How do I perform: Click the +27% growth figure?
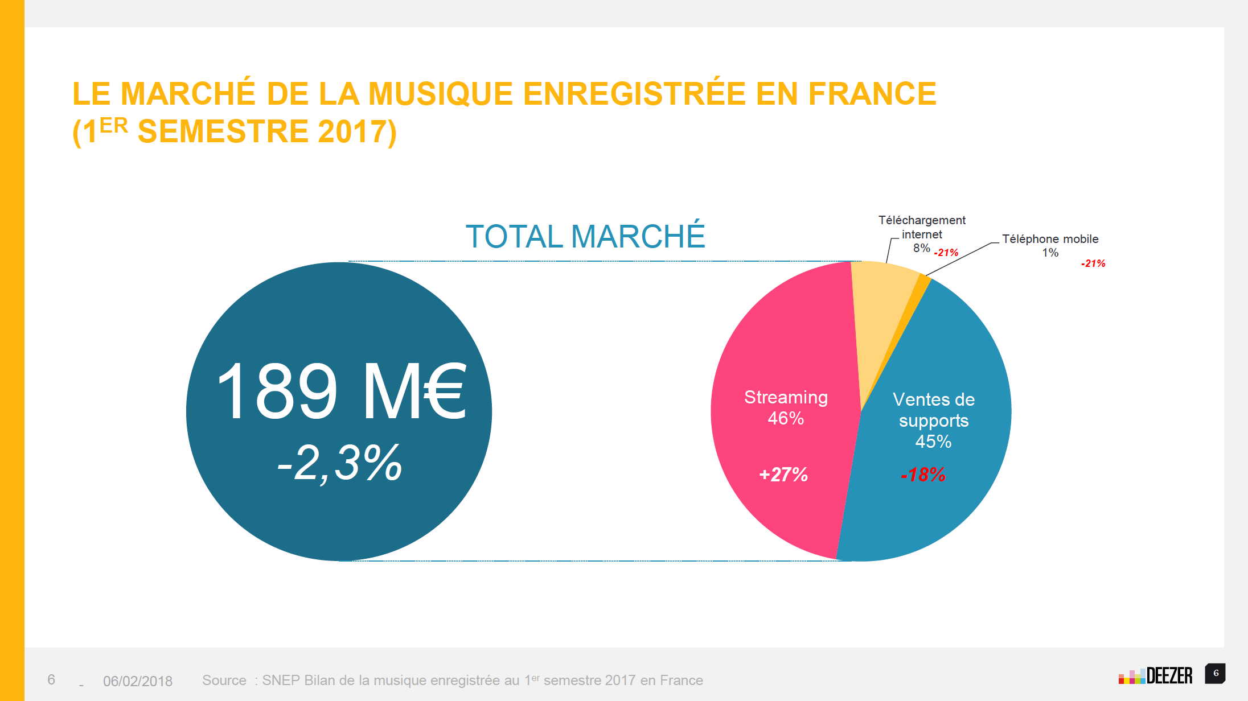(x=783, y=474)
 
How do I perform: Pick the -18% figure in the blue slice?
(x=923, y=474)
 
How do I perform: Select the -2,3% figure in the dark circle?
(x=340, y=463)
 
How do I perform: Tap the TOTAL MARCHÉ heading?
(x=585, y=236)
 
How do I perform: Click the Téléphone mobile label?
(x=1050, y=239)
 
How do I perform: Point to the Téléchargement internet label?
(x=922, y=227)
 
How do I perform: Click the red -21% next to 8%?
(x=946, y=253)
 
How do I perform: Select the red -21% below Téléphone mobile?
(x=1093, y=263)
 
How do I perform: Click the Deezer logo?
(x=1155, y=675)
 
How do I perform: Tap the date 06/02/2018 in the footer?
(x=138, y=681)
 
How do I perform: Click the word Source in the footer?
(x=224, y=681)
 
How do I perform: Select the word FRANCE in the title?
(x=872, y=94)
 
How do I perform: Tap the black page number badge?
(x=1216, y=673)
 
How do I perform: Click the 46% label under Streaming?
(x=786, y=418)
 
